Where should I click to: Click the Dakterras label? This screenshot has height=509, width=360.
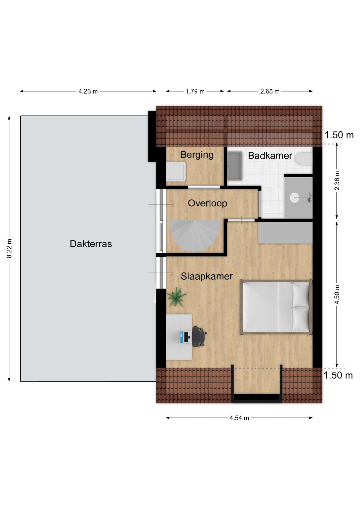pos(91,244)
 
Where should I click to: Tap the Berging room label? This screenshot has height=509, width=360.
pos(197,155)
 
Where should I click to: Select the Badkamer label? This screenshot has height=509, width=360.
pos(270,156)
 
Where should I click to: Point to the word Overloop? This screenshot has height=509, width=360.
pos(207,203)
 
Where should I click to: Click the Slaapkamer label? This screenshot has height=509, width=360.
pos(207,276)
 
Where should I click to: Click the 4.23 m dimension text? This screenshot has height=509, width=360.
pos(88,91)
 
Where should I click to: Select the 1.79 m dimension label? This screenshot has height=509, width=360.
pos(195,91)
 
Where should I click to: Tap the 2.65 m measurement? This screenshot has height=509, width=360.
pos(270,91)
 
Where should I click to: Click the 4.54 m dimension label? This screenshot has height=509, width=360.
pos(239,418)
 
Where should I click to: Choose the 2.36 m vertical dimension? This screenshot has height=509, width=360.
pos(337,181)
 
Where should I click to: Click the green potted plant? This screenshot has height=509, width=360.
pos(176,297)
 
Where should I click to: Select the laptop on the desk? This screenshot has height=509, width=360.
pos(186,337)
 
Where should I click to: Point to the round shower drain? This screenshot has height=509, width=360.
pos(295,198)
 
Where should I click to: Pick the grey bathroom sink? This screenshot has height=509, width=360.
pos(235,166)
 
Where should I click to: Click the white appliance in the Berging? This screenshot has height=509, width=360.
pos(176,172)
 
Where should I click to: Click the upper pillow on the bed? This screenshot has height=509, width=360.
pos(301,294)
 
